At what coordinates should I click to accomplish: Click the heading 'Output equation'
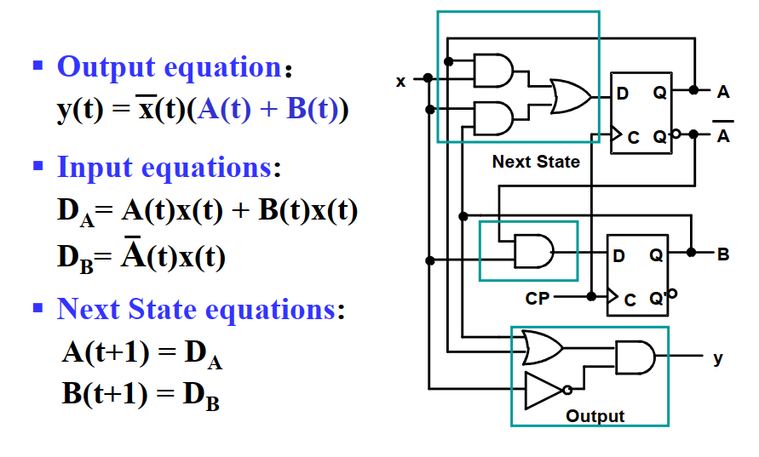coord(168,66)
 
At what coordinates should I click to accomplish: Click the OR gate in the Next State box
coord(569,97)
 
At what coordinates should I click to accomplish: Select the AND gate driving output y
coord(635,357)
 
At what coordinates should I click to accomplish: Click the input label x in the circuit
coord(400,82)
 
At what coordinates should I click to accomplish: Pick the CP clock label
coord(538,299)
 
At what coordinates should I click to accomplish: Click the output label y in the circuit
coord(718,358)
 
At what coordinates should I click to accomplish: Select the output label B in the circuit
coord(723,254)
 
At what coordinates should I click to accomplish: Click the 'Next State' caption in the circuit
coord(536,162)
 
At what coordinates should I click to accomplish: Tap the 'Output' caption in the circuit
coord(595,416)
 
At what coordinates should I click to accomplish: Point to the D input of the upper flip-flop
coord(623,94)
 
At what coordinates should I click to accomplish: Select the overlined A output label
coord(723,134)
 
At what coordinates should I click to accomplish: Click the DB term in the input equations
coord(72,258)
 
